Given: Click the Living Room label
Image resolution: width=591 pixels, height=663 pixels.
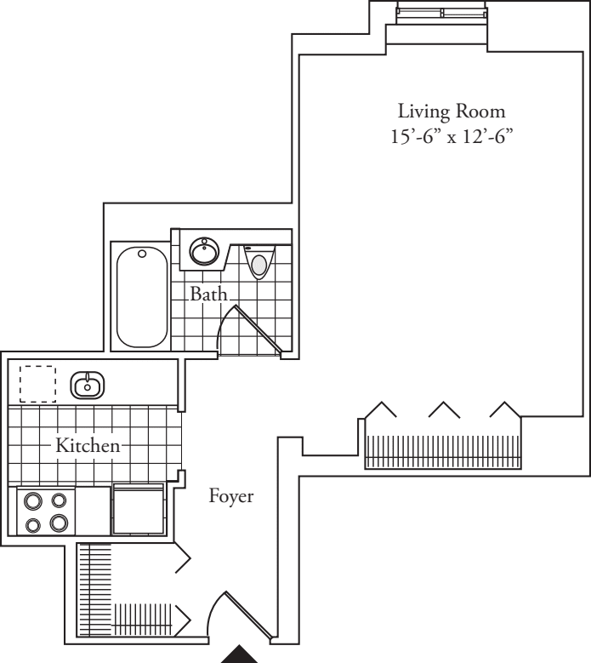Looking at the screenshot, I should tap(440, 111).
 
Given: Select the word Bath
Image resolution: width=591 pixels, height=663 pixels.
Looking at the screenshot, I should tap(208, 295).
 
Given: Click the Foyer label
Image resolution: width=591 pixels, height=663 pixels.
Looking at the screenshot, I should tap(231, 496).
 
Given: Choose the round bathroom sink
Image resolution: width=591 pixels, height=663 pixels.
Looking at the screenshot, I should tap(204, 251).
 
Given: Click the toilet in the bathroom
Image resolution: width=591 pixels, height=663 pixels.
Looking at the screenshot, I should tap(259, 260).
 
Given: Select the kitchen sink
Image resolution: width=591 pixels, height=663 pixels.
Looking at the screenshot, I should tap(86, 386).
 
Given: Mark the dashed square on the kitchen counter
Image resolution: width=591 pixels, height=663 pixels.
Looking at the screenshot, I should tap(37, 384).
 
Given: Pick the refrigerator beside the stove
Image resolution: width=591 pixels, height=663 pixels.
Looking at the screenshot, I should tap(139, 510).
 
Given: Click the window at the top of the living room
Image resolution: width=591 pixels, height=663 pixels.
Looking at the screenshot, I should tap(442, 13).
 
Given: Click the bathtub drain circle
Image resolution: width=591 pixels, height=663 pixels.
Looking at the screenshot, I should tap(142, 254).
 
